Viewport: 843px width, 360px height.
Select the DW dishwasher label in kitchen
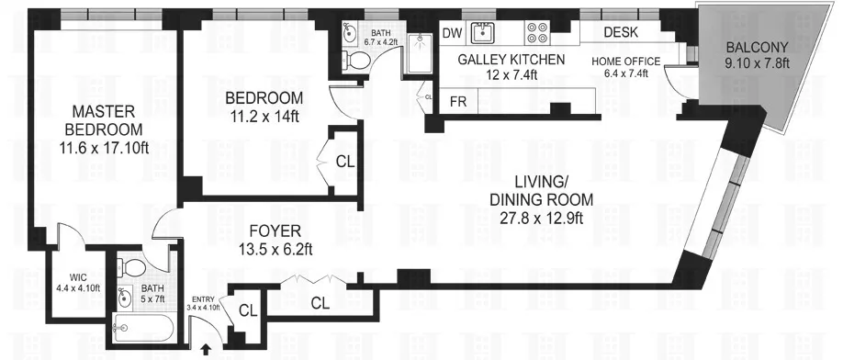click(451, 34)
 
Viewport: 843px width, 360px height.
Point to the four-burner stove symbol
click(537, 34)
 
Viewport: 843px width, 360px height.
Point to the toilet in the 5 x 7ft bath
click(133, 269)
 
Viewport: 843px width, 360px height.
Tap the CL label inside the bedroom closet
click(344, 162)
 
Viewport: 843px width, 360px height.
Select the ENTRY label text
click(201, 300)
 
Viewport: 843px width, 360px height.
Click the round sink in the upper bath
click(347, 35)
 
